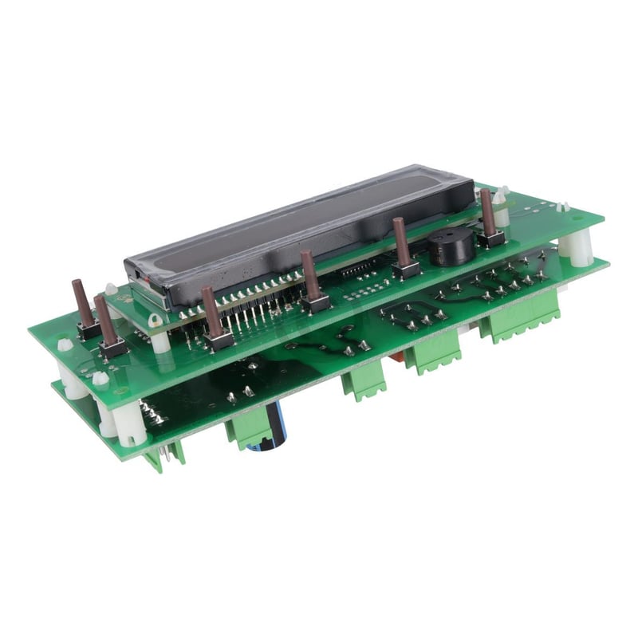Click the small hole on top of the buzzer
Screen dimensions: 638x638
coord(451,239)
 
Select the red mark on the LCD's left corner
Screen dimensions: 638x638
coord(137,278)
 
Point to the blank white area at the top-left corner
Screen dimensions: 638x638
coord(48,48)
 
